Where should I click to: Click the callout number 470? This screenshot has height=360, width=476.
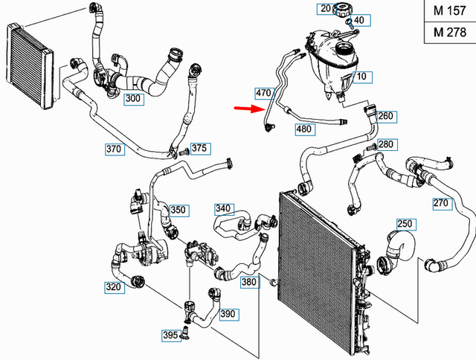263,94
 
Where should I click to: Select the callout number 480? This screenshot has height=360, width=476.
303,129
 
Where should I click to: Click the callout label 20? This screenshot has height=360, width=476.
324,9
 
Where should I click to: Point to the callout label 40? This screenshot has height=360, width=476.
359,20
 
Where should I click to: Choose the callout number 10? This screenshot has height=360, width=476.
360,77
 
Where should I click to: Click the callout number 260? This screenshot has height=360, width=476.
386,116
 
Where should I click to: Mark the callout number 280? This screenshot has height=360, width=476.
386,144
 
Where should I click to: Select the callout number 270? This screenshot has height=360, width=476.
440,202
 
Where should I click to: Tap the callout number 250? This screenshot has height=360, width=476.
405,224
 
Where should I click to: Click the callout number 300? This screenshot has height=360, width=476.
134,99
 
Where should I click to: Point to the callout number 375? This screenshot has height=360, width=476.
199,149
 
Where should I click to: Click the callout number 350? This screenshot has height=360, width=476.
178,210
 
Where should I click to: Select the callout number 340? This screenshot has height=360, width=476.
223,208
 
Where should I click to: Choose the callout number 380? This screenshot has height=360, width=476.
249,282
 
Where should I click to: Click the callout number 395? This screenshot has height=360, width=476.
170,335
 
